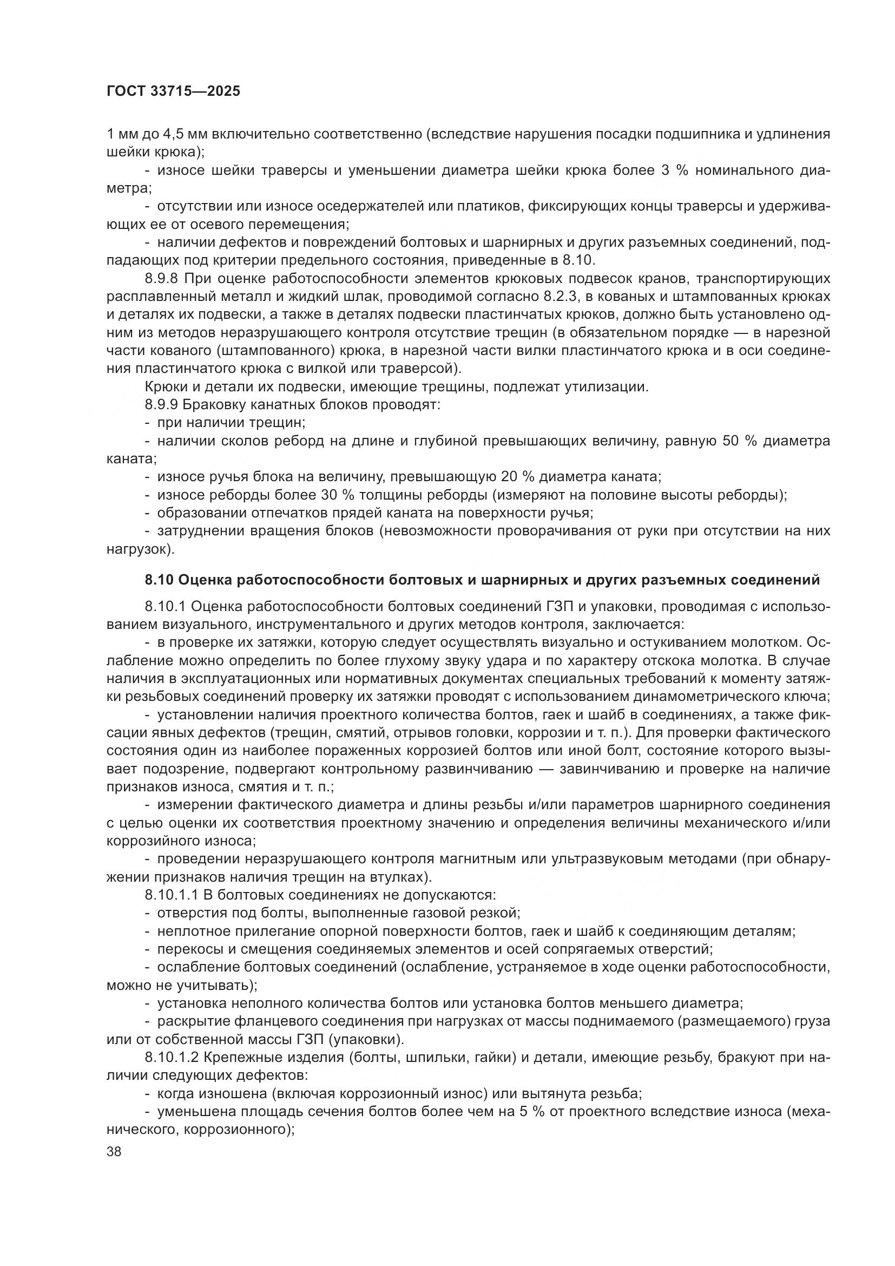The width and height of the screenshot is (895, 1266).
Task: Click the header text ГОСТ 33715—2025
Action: [x=173, y=91]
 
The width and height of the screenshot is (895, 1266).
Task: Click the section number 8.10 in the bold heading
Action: [x=159, y=580]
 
